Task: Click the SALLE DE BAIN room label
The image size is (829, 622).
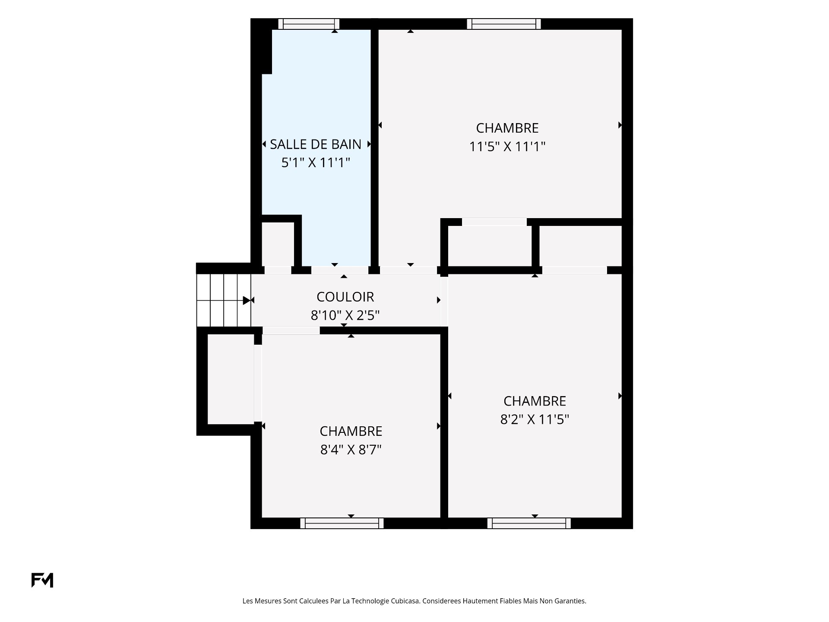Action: click(x=316, y=144)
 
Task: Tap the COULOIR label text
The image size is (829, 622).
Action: click(x=345, y=297)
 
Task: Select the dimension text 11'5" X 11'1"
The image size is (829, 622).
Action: click(x=507, y=147)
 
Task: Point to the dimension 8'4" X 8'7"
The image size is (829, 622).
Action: click(x=351, y=450)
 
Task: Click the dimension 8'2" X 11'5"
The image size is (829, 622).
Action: click(x=535, y=419)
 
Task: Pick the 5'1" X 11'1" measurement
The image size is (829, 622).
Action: click(x=315, y=163)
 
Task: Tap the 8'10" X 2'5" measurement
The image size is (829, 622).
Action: click(x=345, y=316)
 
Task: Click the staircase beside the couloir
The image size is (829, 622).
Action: click(x=224, y=300)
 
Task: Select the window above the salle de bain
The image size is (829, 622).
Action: click(x=309, y=24)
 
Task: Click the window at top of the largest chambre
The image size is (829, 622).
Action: click(x=504, y=24)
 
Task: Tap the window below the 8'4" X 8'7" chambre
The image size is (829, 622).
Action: click(x=342, y=523)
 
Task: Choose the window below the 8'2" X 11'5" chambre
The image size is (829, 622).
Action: click(x=529, y=523)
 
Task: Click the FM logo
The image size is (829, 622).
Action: click(x=42, y=580)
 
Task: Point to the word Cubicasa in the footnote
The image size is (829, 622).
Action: click(x=405, y=601)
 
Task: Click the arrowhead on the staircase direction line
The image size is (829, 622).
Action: click(x=247, y=300)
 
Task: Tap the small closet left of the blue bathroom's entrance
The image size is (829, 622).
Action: click(x=278, y=244)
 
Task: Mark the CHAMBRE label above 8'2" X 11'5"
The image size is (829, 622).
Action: click(x=535, y=401)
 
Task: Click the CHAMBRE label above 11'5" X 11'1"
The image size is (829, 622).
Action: click(x=507, y=128)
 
